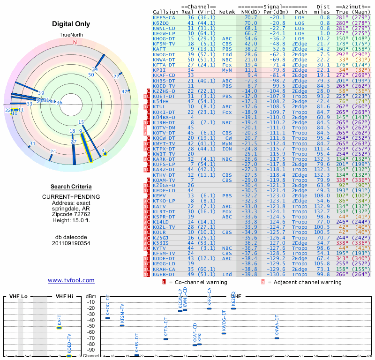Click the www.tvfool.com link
click(x=71, y=280)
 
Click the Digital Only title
click(x=74, y=24)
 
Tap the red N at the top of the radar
click(x=75, y=42)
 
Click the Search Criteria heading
click(x=71, y=187)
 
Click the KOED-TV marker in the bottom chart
click(x=69, y=356)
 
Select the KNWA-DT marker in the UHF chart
click(x=277, y=337)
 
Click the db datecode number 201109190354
click(x=71, y=243)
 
